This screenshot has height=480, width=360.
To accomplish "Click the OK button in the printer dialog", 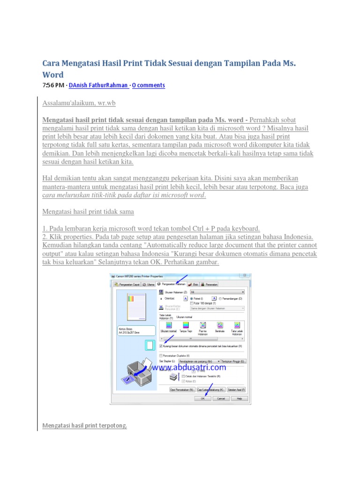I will [x=202, y=398].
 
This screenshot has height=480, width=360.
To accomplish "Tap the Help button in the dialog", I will [x=239, y=398].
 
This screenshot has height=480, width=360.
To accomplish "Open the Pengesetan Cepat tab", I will [x=127, y=284].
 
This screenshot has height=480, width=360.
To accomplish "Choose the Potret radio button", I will [x=192, y=298].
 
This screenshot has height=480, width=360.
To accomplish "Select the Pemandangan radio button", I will [x=220, y=298].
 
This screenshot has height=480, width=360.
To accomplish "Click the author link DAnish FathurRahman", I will [x=98, y=85].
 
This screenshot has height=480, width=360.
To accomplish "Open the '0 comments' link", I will [x=149, y=85].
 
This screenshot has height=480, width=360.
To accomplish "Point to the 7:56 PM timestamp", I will [x=53, y=85].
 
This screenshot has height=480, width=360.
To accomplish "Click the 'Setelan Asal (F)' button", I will [x=236, y=389].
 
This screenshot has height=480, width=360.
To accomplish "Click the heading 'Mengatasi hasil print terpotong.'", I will [x=85, y=426].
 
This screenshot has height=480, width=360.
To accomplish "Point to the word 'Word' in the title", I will [x=52, y=75].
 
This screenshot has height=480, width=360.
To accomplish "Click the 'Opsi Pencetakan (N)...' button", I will [x=182, y=389].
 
